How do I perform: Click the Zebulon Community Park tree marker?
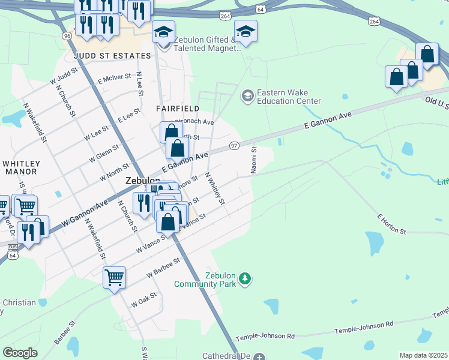pyautogui.click(x=244, y=278)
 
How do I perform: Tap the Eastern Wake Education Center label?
pyautogui.click(x=288, y=97)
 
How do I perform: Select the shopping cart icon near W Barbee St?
pyautogui.click(x=114, y=278)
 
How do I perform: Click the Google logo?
pyautogui.click(x=20, y=352)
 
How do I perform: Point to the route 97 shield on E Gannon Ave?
pyautogui.click(x=234, y=146)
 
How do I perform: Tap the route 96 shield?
pyautogui.click(x=66, y=36)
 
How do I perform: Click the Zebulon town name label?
pyautogui.click(x=142, y=181)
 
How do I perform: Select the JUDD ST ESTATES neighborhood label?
pyautogui.click(x=112, y=56)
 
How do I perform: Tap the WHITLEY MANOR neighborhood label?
pyautogui.click(x=21, y=167)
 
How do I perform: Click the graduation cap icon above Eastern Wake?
pyautogui.click(x=246, y=32)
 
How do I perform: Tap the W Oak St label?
pyautogui.click(x=144, y=299)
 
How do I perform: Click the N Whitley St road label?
pyautogui.click(x=214, y=188)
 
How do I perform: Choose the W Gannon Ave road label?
pyautogui.click(x=85, y=213)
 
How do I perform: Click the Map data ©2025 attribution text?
pyautogui.click(x=423, y=355)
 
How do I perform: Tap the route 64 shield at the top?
pyautogui.click(x=259, y=10)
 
